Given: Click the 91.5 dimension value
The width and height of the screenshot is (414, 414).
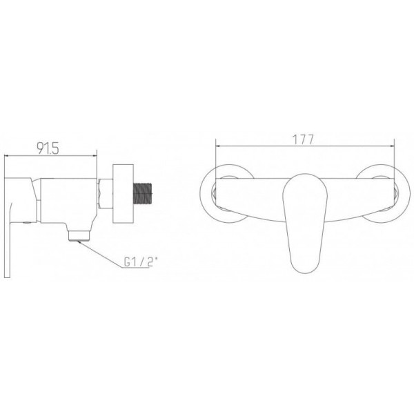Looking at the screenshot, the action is pyautogui.click(x=48, y=148).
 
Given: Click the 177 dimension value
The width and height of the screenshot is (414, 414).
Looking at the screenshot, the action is pyautogui.click(x=304, y=139).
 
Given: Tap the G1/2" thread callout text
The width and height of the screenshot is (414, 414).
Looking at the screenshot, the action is pyautogui.click(x=141, y=262).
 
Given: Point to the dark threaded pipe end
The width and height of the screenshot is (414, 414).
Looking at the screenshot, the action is pyautogui.click(x=144, y=193).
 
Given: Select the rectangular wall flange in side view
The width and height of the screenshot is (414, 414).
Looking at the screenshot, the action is pyautogui.click(x=123, y=193).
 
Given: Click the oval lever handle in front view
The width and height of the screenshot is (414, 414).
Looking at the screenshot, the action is pyautogui.click(x=305, y=223).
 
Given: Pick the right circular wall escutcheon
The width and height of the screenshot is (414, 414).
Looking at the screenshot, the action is pyautogui.click(x=382, y=194).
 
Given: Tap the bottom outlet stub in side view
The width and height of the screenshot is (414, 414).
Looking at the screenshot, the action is pyautogui.click(x=79, y=235).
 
